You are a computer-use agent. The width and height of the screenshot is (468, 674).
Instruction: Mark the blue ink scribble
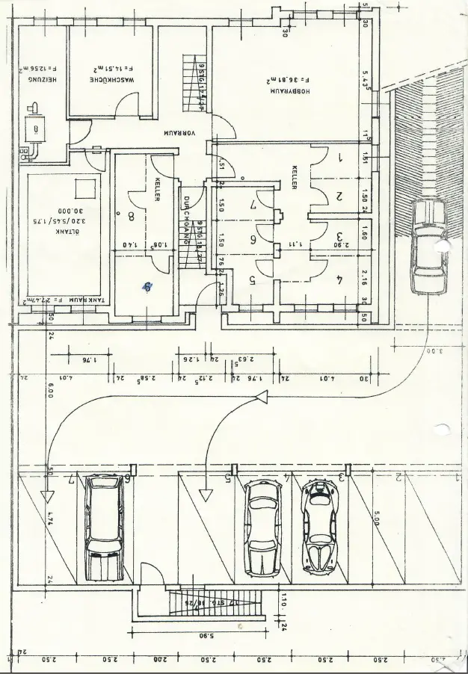(148, 285)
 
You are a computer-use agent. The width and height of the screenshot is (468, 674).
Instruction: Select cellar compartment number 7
(253, 203)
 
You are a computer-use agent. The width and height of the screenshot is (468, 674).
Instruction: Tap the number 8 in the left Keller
(132, 217)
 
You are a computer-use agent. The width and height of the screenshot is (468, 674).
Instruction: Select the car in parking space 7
(104, 528)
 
